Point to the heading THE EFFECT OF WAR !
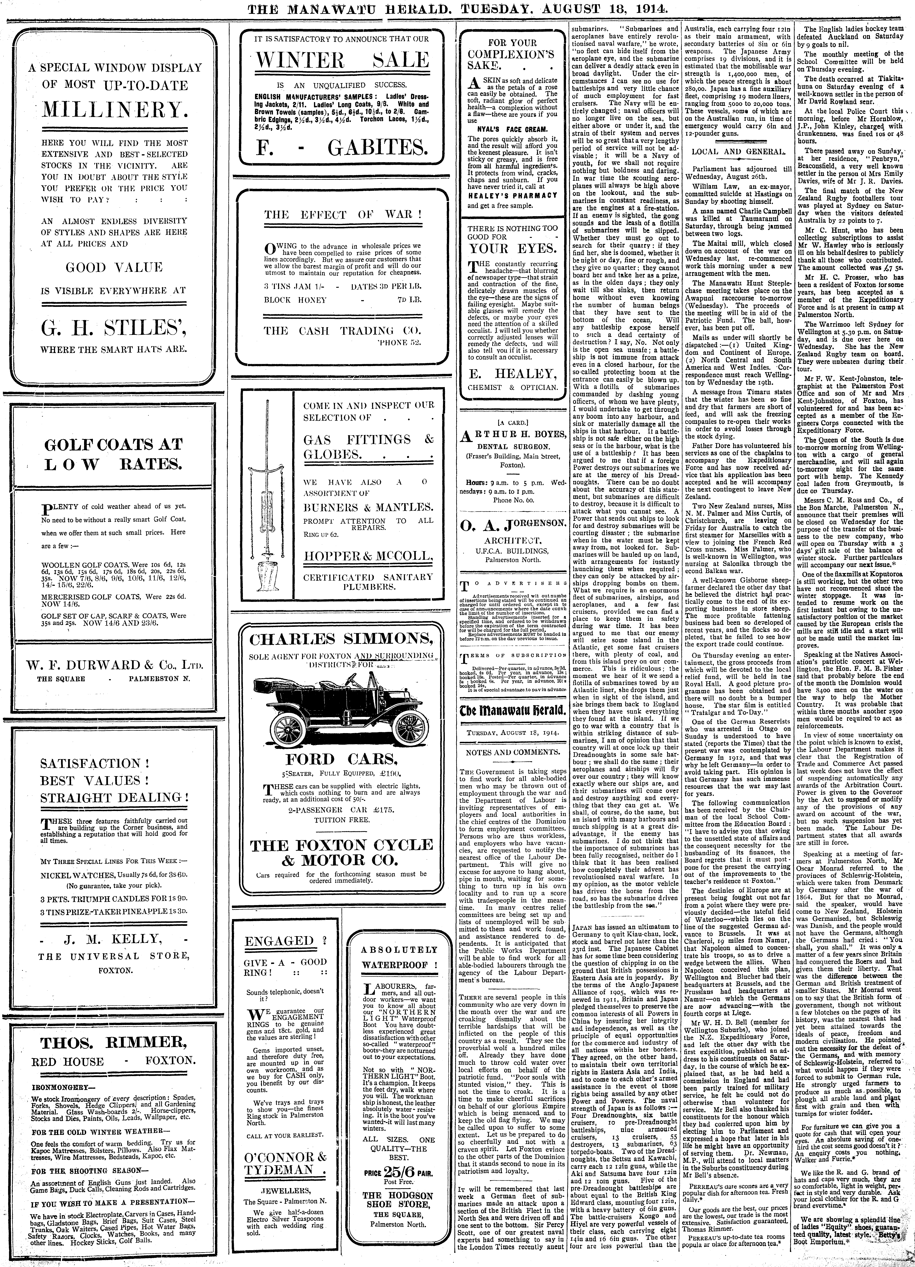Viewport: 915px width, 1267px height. [342, 215]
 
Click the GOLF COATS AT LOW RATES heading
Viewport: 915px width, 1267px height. [113, 454]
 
